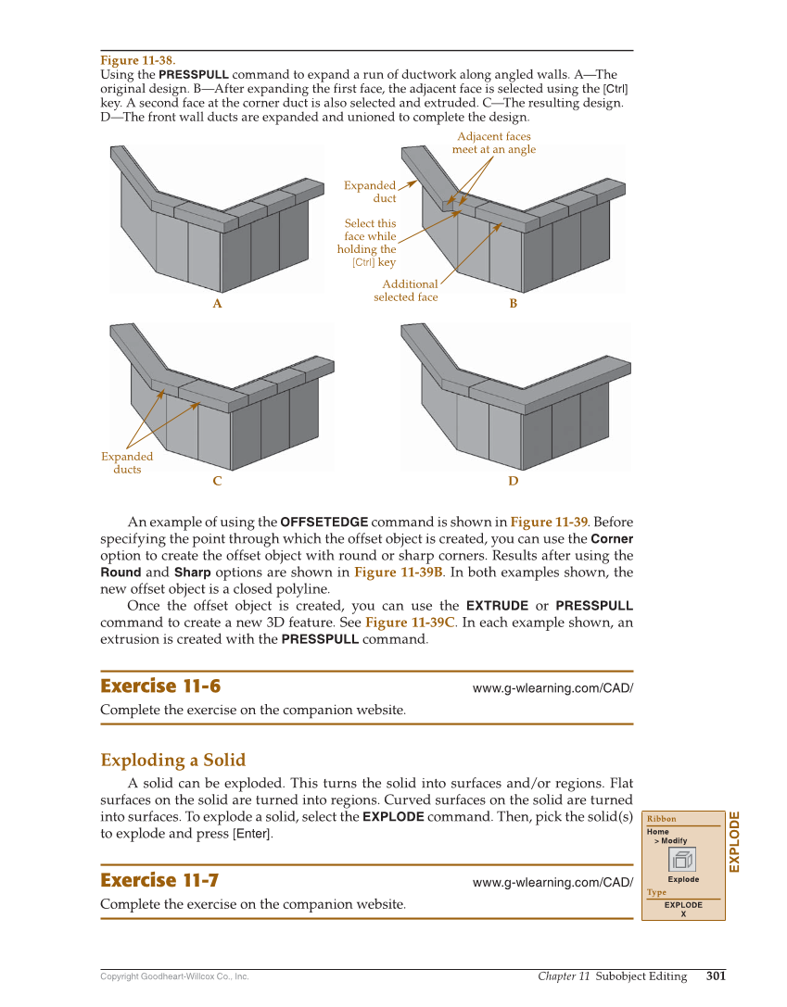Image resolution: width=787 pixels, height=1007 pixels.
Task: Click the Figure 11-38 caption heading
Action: [137, 60]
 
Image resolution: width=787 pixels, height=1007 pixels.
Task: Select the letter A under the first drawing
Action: [217, 304]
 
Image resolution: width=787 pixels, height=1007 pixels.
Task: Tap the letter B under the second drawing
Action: [513, 304]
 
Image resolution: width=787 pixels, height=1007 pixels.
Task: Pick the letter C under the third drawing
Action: [217, 481]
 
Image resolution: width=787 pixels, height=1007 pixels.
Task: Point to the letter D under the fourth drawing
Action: [513, 481]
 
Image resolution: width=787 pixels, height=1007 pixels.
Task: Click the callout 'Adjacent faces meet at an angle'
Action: [493, 144]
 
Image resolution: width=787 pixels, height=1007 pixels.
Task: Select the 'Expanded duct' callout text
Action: [370, 192]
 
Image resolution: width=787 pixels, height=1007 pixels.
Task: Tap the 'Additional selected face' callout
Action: [406, 291]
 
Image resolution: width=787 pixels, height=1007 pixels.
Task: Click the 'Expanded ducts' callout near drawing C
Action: [127, 462]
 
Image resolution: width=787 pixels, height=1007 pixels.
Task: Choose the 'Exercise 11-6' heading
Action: [160, 686]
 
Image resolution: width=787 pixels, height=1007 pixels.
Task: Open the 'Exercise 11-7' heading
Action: [159, 880]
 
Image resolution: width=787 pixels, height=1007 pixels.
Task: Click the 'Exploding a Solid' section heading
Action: [172, 761]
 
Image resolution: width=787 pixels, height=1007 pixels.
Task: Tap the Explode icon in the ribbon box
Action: [682, 859]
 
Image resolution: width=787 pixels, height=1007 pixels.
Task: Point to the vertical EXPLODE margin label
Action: [734, 841]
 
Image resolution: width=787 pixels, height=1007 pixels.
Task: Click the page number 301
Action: [715, 976]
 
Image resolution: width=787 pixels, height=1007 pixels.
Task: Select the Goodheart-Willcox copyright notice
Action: [174, 976]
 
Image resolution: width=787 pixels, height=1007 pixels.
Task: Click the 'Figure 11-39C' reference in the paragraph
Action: [409, 623]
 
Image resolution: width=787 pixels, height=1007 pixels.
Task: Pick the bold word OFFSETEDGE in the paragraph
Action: [324, 522]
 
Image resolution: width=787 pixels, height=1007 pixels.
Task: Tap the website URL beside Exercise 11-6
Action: [552, 688]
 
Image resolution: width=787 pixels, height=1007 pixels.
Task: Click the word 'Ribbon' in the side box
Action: [661, 819]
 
